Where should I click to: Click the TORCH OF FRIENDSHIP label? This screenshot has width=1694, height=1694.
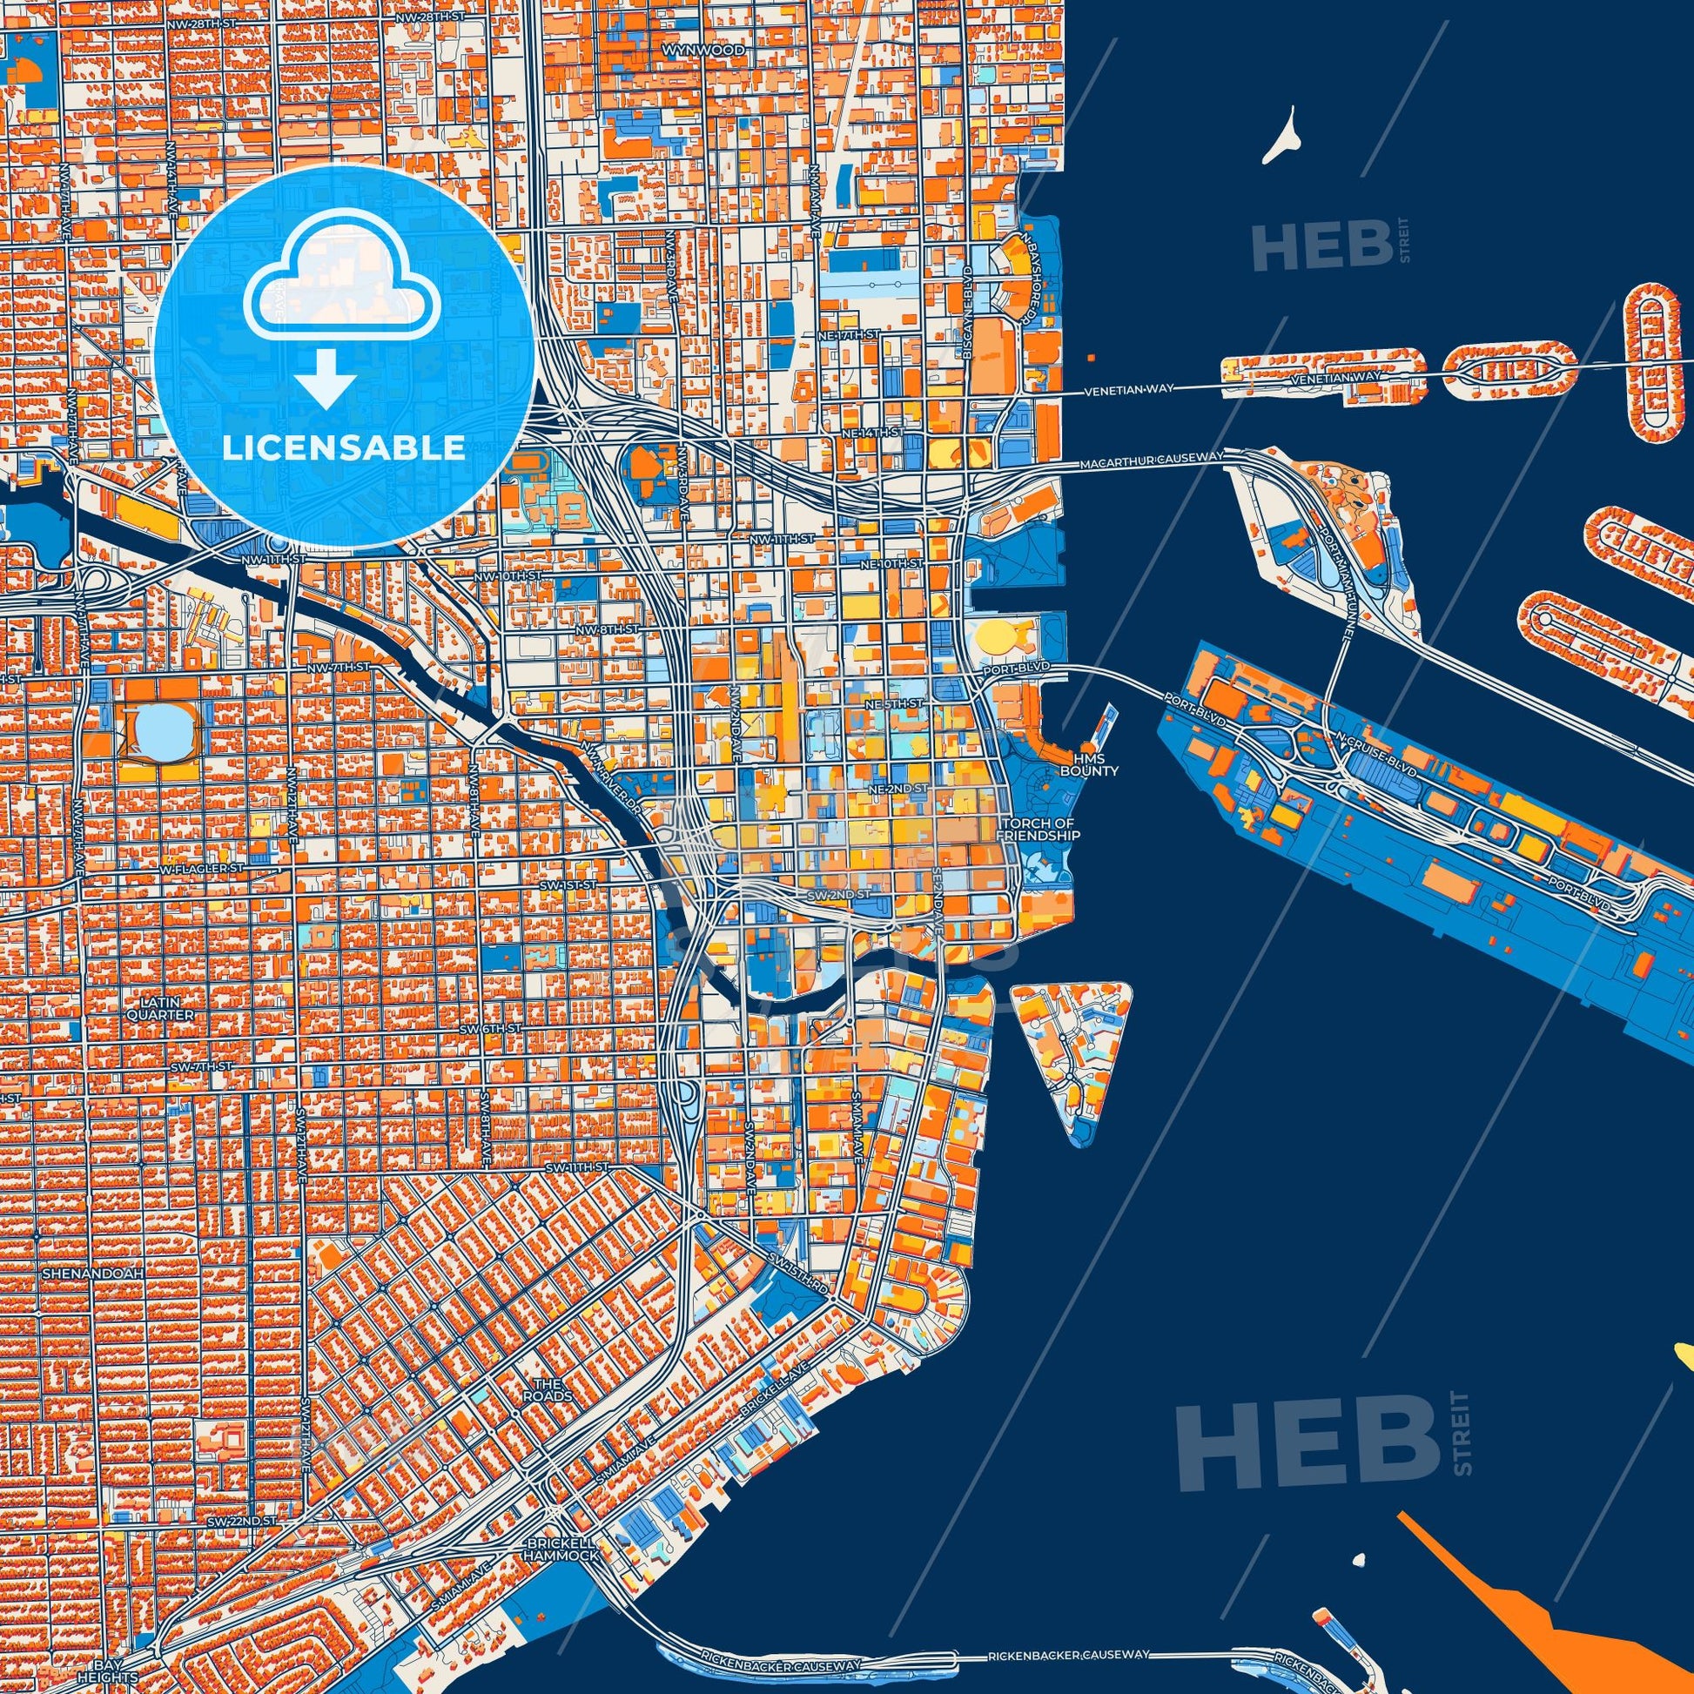pos(1040,830)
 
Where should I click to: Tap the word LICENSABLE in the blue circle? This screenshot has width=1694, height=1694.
pos(343,448)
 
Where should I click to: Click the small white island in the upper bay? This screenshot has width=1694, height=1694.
pos(1282,136)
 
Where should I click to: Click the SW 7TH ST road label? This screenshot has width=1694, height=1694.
pos(202,1066)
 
